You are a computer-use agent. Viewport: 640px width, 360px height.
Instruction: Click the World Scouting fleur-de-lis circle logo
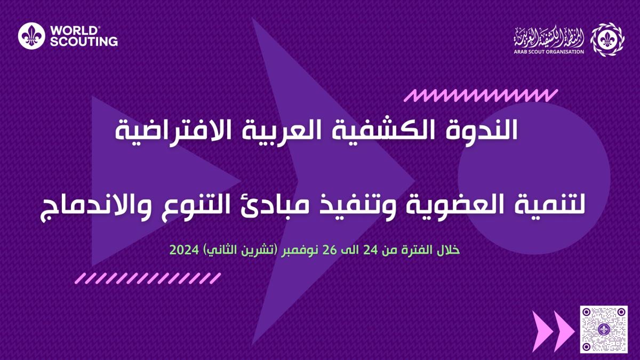31,36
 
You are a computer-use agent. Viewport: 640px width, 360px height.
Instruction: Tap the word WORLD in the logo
74,31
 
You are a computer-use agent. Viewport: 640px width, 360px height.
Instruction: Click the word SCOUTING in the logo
84,42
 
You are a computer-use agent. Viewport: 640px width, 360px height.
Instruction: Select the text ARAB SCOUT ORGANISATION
549,52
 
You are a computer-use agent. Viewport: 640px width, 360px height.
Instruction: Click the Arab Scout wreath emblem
607,39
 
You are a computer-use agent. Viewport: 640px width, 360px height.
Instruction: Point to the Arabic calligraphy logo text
549,38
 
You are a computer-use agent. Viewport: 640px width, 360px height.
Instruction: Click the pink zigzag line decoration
481,95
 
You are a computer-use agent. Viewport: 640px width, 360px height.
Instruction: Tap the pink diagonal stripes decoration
148,278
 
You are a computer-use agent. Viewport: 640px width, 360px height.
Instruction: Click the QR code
604,329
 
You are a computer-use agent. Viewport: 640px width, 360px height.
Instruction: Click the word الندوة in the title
486,131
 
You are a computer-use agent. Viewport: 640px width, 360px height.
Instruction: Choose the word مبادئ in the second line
326,206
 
